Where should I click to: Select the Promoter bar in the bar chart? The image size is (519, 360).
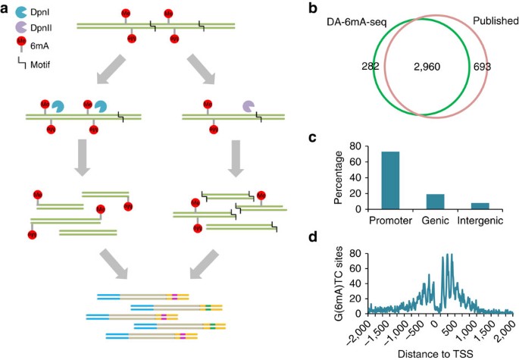389,180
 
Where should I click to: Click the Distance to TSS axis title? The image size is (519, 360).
435,352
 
